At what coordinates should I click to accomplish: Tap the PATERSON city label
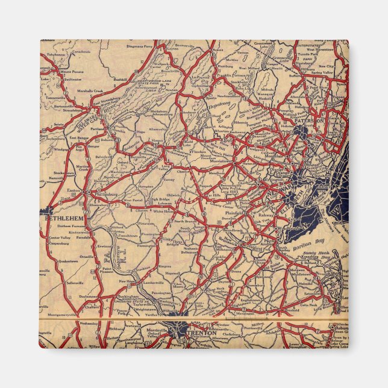pyautogui.click(x=310, y=121)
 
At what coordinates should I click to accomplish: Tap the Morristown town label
pyautogui.click(x=220, y=161)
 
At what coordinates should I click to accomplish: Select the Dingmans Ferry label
pyautogui.click(x=140, y=46)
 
